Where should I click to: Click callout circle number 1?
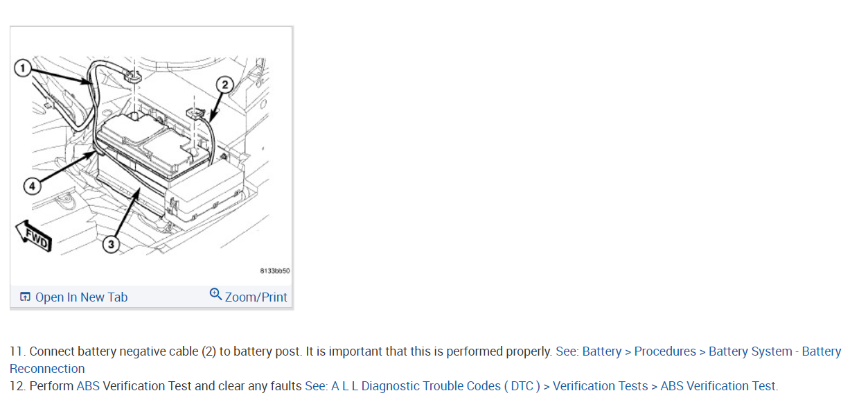click(x=23, y=68)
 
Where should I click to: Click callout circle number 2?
click(x=224, y=85)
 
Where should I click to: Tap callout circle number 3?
click(x=110, y=243)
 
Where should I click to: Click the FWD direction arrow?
click(x=33, y=235)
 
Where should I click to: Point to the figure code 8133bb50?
click(x=275, y=271)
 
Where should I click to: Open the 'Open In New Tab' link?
click(x=81, y=297)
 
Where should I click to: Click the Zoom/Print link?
click(x=256, y=297)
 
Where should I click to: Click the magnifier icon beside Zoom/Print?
click(x=215, y=295)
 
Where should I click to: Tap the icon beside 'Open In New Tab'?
click(x=25, y=297)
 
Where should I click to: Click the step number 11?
click(x=17, y=351)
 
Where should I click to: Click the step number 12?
click(x=17, y=386)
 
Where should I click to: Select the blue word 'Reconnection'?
click(x=47, y=369)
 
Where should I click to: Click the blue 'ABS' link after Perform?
click(x=88, y=386)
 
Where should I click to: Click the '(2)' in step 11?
click(x=209, y=351)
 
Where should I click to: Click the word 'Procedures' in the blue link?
click(x=665, y=351)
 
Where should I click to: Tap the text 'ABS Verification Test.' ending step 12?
click(x=719, y=386)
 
